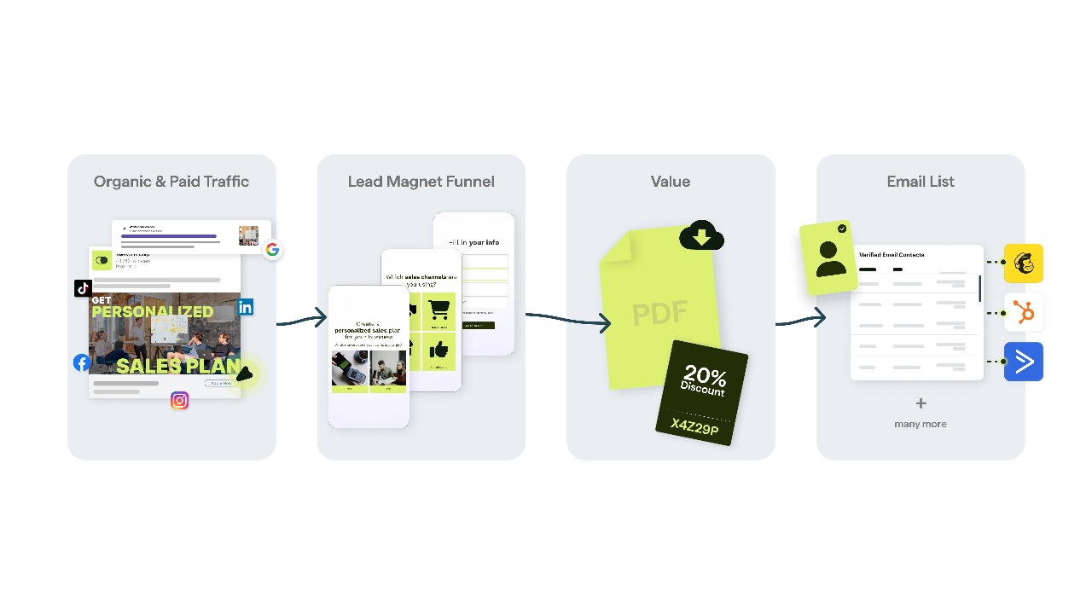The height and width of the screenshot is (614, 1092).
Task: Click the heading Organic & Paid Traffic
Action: (x=171, y=182)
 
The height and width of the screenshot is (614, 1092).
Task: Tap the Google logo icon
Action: (x=272, y=250)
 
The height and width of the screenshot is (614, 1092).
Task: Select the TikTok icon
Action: (x=84, y=288)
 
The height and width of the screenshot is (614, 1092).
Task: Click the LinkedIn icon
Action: (x=246, y=308)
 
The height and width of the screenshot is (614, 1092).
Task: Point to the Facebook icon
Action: (x=82, y=362)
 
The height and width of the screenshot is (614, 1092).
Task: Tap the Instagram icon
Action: (x=179, y=400)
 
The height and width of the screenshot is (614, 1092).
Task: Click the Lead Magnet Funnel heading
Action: (x=421, y=182)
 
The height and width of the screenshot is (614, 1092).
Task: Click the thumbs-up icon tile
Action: (x=439, y=350)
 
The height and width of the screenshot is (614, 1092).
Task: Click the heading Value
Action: (x=671, y=182)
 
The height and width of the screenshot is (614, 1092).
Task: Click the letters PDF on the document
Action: (x=659, y=314)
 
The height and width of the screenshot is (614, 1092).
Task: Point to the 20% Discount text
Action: (x=704, y=380)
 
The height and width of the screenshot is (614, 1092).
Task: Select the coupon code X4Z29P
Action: (x=694, y=426)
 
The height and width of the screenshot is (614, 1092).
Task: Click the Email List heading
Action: (x=920, y=182)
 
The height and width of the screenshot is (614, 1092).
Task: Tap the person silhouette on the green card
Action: (x=829, y=258)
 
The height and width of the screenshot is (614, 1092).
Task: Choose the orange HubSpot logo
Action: (x=1024, y=313)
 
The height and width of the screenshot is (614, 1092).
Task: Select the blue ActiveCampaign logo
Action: (x=1024, y=362)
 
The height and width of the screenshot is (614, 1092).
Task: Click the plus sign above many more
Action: (x=921, y=403)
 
